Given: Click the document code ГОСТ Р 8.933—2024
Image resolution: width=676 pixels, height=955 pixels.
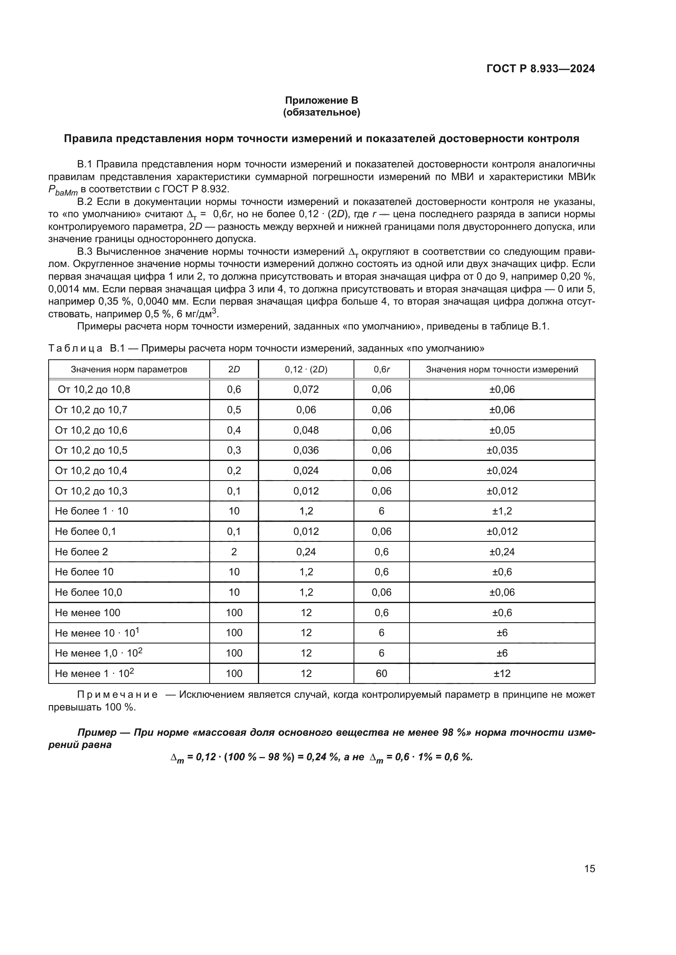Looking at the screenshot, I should click(540, 69).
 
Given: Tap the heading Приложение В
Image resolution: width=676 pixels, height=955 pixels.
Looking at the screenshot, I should click(321, 100).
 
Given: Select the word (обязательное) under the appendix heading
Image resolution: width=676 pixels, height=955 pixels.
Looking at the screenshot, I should click(321, 112).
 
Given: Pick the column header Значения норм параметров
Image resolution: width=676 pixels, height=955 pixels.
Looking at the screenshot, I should click(129, 370).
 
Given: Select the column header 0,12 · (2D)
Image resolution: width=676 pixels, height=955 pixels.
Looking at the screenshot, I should click(306, 370).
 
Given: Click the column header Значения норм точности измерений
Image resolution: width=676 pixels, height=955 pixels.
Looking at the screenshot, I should click(501, 370).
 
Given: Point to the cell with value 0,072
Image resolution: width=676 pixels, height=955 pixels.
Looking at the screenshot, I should click(306, 390).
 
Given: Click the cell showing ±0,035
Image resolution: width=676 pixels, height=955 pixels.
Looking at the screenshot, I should click(502, 450).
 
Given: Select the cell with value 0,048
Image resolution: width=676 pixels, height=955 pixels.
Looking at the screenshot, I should click(306, 430).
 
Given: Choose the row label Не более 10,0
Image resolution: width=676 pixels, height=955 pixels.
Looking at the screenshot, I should click(88, 592).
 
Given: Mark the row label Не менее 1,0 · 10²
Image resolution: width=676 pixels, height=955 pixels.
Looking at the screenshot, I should click(98, 653).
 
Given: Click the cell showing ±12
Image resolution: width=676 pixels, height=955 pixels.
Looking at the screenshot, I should click(502, 673).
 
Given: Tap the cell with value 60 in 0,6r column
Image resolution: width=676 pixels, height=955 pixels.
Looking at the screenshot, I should click(381, 673).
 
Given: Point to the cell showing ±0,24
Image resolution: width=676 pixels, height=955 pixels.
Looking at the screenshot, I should click(502, 552).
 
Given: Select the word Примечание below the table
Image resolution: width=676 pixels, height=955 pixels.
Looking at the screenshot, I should click(117, 695).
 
